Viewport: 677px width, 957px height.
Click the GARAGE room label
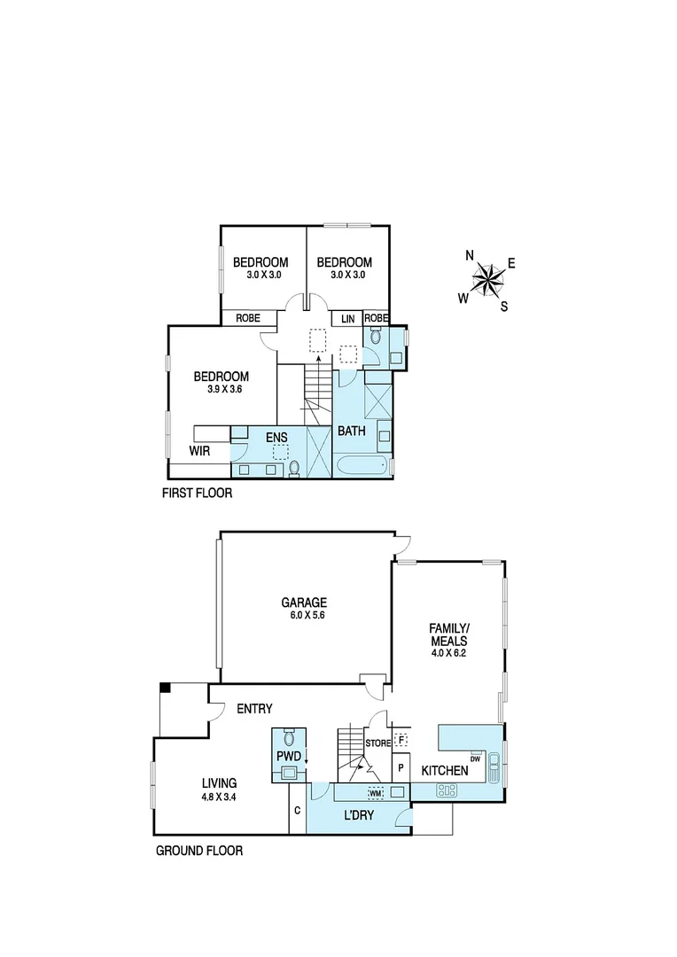click(305, 602)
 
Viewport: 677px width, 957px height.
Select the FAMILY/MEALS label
click(448, 634)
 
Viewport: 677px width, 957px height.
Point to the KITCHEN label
click(444, 771)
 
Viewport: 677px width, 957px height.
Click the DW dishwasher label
click(475, 759)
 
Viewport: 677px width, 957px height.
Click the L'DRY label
click(358, 814)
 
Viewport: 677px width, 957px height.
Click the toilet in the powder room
click(289, 738)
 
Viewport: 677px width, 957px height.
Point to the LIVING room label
click(218, 783)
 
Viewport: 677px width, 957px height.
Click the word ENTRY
click(254, 709)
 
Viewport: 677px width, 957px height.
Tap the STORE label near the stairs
click(378, 743)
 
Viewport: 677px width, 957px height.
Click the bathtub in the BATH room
click(361, 466)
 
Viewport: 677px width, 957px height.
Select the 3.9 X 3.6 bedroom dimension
click(222, 389)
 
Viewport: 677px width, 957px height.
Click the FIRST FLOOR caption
click(197, 494)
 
